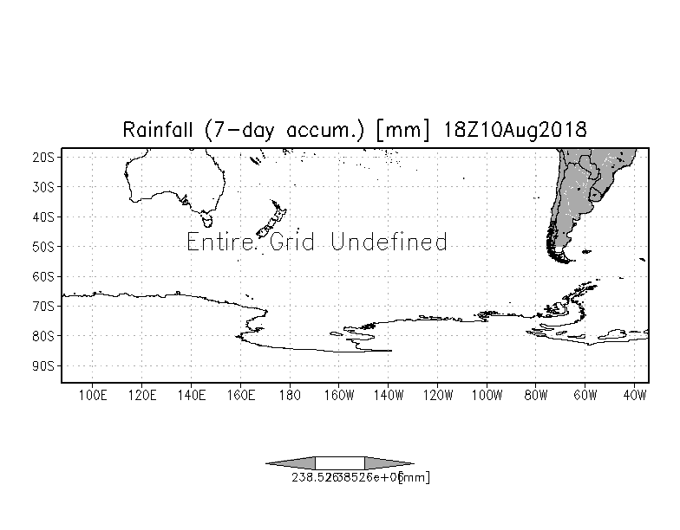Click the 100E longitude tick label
pos(92,396)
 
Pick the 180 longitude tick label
pos(290,396)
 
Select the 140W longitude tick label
pos(389,396)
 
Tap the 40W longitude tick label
pos(636,396)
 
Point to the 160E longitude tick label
pos(240,396)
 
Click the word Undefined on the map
pos(389,242)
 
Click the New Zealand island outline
pos(274,217)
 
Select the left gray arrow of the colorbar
pos(291,463)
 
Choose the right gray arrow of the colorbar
pos(389,463)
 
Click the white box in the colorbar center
pos(339,463)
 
